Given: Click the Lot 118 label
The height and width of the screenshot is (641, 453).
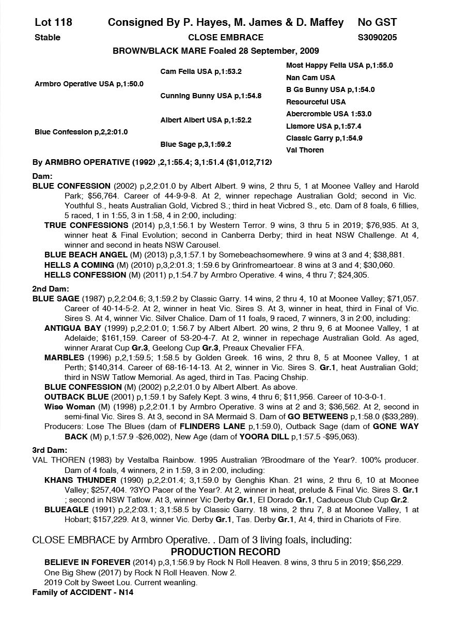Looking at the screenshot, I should (53, 22).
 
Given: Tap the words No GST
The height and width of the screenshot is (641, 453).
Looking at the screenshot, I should (377, 22).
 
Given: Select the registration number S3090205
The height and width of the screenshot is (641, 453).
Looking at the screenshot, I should (377, 37).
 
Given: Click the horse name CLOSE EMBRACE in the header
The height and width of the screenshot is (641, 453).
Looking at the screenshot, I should (226, 37).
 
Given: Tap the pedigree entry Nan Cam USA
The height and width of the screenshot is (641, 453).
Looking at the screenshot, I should (310, 78).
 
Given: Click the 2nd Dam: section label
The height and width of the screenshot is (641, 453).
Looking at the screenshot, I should (50, 289).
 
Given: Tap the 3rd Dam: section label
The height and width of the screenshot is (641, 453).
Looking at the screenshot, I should (50, 450).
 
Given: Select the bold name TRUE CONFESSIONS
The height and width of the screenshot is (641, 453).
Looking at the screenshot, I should (86, 225).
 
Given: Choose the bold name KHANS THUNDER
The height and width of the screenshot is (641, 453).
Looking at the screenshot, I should (80, 480).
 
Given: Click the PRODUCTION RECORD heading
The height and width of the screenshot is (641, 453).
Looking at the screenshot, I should (226, 552).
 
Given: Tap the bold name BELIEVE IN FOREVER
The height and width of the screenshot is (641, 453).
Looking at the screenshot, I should (87, 562).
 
